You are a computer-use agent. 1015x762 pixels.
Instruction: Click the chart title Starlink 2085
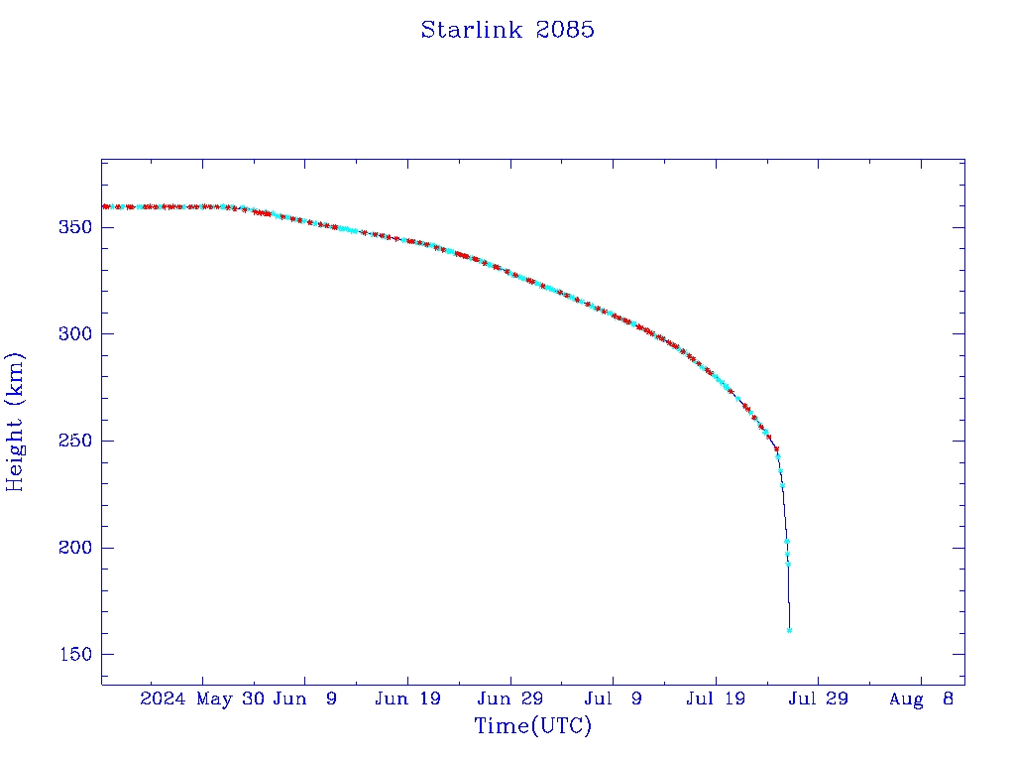tap(507, 30)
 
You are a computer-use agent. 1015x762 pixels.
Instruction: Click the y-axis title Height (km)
tap(15, 422)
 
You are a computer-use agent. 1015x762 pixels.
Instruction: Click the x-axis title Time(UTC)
tap(533, 726)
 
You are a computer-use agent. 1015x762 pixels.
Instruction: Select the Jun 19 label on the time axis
tap(408, 699)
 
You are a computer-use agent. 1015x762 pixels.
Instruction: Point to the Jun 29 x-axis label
tap(510, 699)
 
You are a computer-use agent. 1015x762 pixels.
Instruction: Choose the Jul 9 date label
tap(614, 699)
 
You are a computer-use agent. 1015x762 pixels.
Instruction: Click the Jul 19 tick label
tap(716, 699)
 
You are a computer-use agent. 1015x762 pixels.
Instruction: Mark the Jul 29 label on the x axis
tap(819, 699)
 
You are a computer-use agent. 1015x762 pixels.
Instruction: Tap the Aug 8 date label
tap(921, 699)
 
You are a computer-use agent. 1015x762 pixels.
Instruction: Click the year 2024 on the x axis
tap(163, 699)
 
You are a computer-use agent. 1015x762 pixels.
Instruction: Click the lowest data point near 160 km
tap(789, 630)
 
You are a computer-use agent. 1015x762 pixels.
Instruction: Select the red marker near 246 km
tap(776, 449)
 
